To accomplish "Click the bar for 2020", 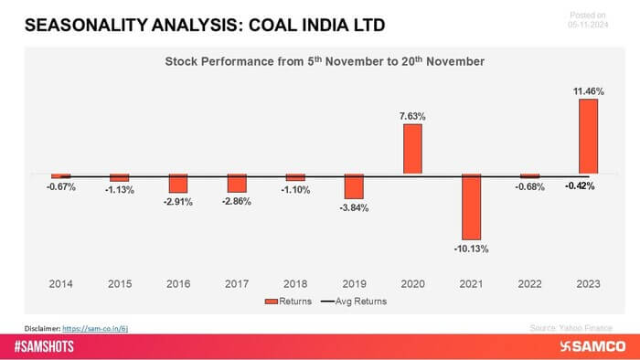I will click(x=412, y=149).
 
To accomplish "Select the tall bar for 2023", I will click(x=588, y=136).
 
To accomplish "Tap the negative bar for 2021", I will click(x=471, y=206).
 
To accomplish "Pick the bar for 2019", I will click(x=354, y=186).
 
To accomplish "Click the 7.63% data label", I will click(x=412, y=116).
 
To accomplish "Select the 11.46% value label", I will click(x=588, y=90).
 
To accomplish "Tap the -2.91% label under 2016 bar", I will click(x=178, y=202).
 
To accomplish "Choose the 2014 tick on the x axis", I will click(x=61, y=283).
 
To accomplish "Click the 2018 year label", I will click(x=295, y=283).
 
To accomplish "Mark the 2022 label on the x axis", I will click(x=529, y=283).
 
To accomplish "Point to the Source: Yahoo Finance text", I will click(x=571, y=326).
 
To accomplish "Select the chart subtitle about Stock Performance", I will click(x=325, y=61).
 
